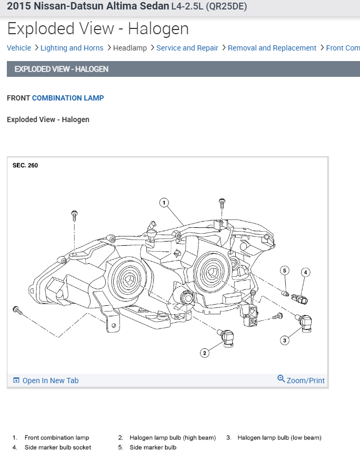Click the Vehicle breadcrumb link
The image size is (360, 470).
pos(19,48)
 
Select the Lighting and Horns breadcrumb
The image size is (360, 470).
pos(72,48)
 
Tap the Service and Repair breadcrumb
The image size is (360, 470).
pos(187,48)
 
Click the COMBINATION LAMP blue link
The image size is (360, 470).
pos(68,98)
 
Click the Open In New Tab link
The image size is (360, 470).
pos(50,381)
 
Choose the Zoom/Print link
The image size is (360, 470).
pos(305,381)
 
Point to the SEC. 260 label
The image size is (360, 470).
pos(25,165)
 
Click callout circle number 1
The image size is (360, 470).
pos(164,202)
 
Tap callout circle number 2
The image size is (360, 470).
pos(205,353)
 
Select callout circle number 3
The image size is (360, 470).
pos(285,340)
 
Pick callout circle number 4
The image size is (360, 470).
pos(305,272)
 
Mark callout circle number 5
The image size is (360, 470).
pos(285,271)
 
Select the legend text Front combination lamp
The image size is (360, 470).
pos(57,437)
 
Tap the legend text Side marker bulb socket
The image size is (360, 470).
pos(58,447)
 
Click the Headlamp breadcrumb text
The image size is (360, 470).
pos(130,48)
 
